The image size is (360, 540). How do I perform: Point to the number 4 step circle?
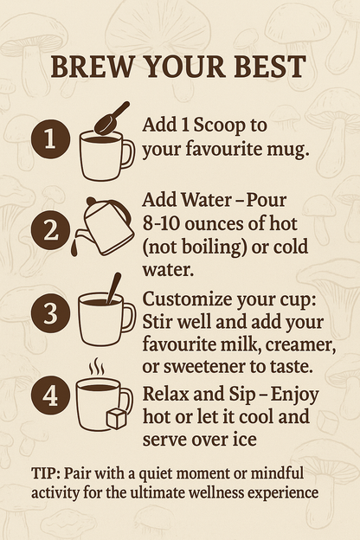click(x=49, y=397)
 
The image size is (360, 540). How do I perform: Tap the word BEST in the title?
click(x=270, y=67)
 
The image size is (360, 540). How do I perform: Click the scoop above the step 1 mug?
click(x=112, y=118)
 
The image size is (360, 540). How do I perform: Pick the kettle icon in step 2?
click(x=106, y=227)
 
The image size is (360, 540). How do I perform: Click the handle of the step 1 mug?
click(x=128, y=153)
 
